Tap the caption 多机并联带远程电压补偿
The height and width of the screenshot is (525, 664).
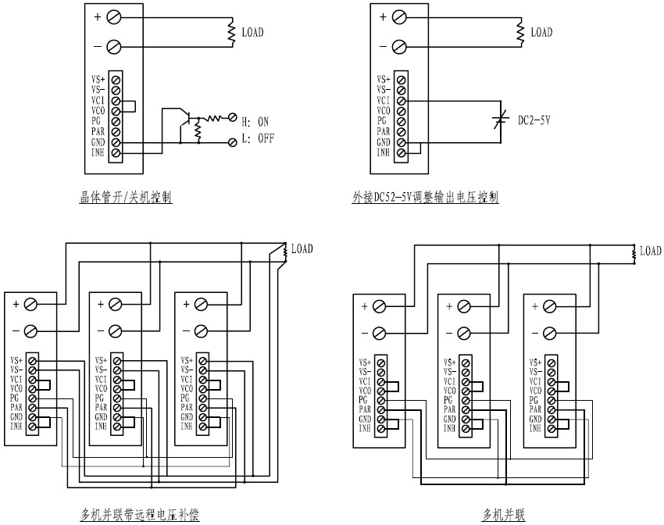(x=141, y=515)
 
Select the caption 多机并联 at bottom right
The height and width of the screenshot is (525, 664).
(x=503, y=515)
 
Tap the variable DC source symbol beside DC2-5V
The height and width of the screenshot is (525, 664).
(x=501, y=120)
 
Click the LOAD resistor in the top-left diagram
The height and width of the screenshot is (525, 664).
(x=231, y=32)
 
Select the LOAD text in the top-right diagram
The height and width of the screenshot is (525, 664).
(x=541, y=32)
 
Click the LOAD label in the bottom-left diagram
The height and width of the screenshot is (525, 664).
(x=302, y=249)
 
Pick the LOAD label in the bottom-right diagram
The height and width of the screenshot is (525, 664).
(x=650, y=251)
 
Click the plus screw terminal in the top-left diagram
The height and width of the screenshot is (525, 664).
(x=114, y=17)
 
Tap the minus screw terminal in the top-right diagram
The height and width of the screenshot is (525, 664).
(x=399, y=47)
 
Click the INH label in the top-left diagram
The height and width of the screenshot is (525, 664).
(x=98, y=153)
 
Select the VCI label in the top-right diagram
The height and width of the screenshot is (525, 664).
(x=383, y=100)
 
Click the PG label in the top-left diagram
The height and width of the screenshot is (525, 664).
(x=96, y=121)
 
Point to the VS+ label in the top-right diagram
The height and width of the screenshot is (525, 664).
(x=383, y=79)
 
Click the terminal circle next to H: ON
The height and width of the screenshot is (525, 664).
(x=231, y=118)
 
